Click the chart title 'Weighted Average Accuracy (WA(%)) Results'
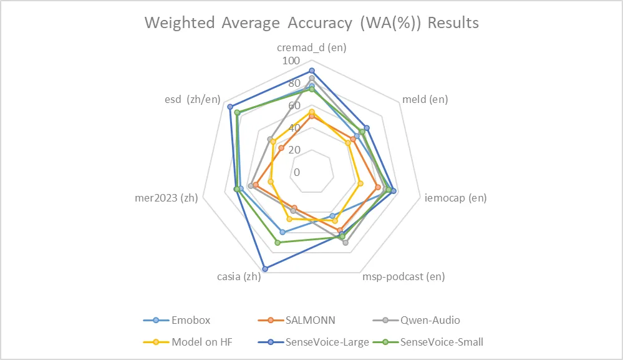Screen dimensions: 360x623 312,23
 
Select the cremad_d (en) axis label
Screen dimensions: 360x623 312,47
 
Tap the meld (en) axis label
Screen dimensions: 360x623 425,99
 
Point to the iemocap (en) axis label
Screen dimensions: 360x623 455,198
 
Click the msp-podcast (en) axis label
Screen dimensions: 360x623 403,276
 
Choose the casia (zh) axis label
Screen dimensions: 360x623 239,276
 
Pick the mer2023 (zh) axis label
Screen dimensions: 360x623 167,198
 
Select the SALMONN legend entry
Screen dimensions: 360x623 310,321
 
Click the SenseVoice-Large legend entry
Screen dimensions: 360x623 327,342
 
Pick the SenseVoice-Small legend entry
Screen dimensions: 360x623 442,342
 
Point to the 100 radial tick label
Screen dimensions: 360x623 291,61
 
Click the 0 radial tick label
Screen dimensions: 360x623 297,172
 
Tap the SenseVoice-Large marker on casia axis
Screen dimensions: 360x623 266,269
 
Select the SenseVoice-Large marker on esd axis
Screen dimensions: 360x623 230,107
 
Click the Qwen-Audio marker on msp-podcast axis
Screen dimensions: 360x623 345,242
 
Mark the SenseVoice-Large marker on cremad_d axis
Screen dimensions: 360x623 312,71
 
